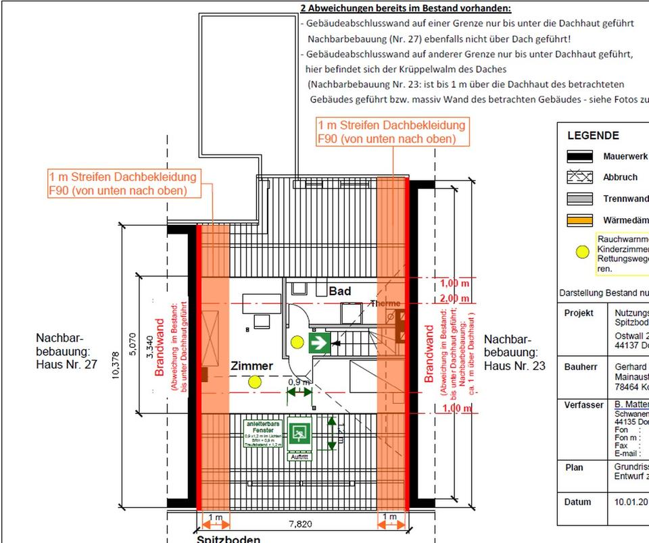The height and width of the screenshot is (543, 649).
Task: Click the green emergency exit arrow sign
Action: (318, 342)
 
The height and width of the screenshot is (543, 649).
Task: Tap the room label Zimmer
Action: (252, 366)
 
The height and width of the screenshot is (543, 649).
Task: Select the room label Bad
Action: (339, 291)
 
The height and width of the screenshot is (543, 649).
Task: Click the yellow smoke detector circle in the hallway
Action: (296, 342)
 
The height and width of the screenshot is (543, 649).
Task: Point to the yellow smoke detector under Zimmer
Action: (254, 382)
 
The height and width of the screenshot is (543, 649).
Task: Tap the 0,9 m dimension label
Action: (299, 382)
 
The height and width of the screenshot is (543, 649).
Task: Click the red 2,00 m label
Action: (455, 299)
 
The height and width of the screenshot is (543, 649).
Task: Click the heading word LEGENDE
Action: (593, 136)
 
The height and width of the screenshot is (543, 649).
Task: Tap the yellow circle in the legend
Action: (581, 253)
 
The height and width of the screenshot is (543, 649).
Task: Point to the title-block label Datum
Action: (577, 502)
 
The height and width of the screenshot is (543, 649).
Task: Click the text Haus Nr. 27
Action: (66, 365)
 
